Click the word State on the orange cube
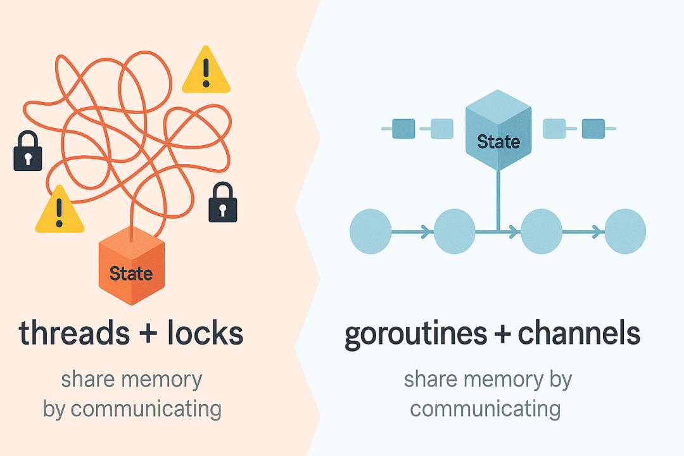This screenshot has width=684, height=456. (131, 274)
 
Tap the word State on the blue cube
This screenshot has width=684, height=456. (498, 142)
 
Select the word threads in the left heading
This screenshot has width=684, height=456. (74, 333)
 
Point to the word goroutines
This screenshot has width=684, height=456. (415, 335)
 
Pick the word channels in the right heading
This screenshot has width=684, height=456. (579, 333)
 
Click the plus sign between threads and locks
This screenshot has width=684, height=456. (148, 334)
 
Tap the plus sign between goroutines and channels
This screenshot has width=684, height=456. (502, 334)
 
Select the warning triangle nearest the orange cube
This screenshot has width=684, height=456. (60, 210)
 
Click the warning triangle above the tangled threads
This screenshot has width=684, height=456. (206, 70)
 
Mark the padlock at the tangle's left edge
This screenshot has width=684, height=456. (28, 151)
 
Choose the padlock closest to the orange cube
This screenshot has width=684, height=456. (223, 203)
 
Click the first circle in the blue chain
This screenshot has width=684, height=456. (370, 231)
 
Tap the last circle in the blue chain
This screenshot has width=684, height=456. (625, 231)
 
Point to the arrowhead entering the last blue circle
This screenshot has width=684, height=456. (597, 232)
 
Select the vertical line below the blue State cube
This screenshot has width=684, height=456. (498, 200)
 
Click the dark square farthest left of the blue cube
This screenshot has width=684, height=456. (403, 129)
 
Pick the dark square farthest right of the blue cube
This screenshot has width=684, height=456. (593, 129)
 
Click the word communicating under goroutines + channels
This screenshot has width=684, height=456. (485, 410)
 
